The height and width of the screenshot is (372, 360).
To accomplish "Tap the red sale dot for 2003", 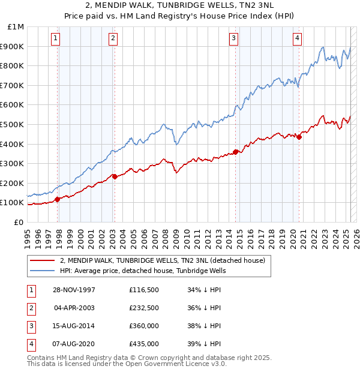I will pos(115,176).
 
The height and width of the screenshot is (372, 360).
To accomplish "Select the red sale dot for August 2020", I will pos(299,137).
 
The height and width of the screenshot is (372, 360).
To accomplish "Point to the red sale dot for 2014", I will pos(236,152).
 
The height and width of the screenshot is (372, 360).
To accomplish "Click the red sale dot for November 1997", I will pos(58,199).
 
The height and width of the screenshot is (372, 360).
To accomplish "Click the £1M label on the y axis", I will pos(16,26).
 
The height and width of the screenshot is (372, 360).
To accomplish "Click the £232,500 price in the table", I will pos(143,308).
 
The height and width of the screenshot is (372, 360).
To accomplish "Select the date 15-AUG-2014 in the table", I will pos(74,326).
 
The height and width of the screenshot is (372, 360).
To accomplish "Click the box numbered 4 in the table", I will pos(30,344).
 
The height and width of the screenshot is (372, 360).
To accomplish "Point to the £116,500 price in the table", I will pos(143,290).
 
